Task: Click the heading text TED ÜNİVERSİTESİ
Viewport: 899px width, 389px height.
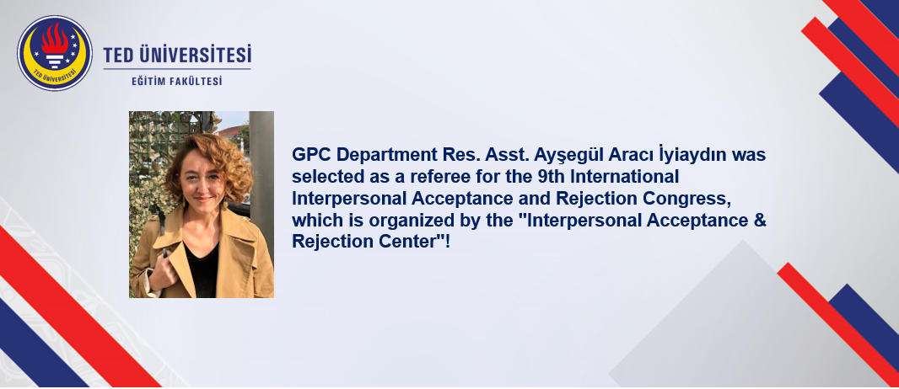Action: [177, 56]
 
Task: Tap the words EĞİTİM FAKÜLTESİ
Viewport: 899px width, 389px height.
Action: [176, 81]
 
